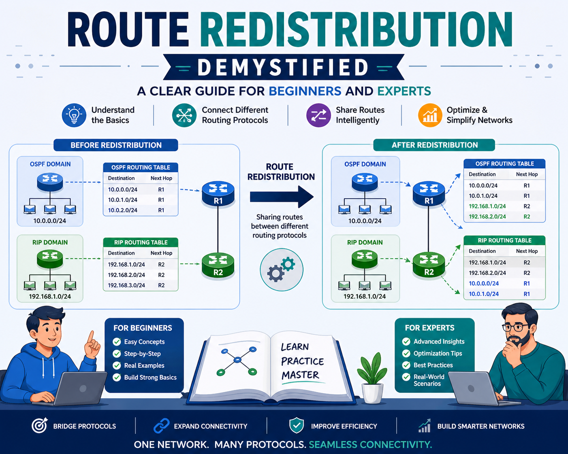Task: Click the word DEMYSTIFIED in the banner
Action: coord(283,68)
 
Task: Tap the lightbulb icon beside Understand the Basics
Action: coord(74,115)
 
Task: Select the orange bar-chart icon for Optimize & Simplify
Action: coord(430,115)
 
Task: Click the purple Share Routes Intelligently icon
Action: coord(318,115)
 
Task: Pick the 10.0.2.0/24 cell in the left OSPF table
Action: coord(122,210)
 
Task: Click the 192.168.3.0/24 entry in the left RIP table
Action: coord(126,285)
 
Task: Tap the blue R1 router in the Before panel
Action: coord(218,193)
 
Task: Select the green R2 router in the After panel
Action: coord(429,265)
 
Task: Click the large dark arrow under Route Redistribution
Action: coord(282,197)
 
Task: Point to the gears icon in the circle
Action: coord(281,269)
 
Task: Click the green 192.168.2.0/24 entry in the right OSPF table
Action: coord(487,217)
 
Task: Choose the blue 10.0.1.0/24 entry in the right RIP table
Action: coord(484,294)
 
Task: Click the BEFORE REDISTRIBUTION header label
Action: coord(116,145)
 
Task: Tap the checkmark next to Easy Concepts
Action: coord(117,342)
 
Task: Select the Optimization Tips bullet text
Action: coord(438,353)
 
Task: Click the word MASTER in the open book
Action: coord(300,375)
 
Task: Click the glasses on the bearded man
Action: coord(515,328)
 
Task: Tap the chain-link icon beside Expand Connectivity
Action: coord(161,426)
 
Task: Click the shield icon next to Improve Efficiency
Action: coord(297,425)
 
